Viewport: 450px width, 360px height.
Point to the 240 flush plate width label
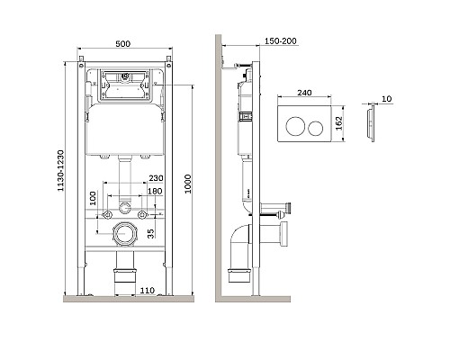pyautogui.click(x=304, y=92)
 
